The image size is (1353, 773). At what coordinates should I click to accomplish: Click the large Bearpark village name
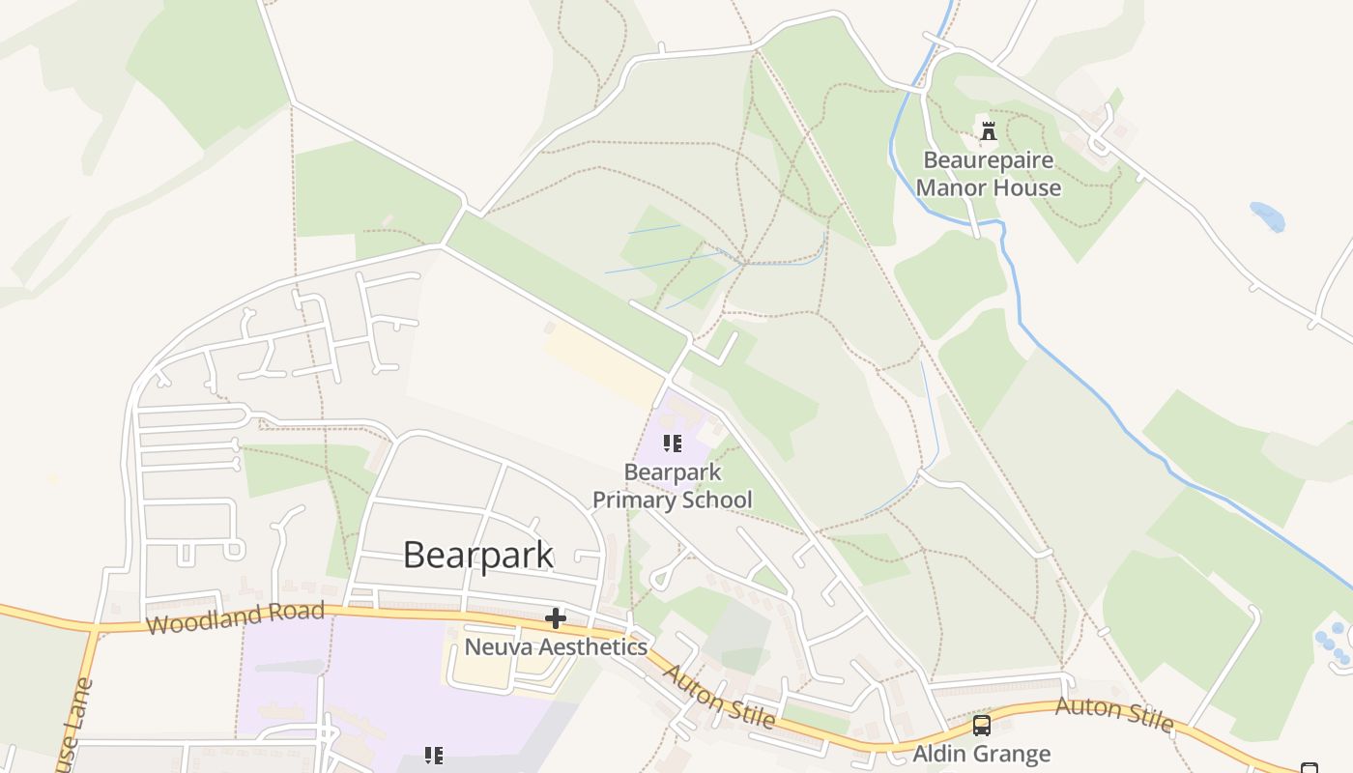coord(477,555)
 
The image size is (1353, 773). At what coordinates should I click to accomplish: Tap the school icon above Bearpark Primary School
coord(673,444)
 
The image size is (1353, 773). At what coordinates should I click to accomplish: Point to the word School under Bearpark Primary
coord(716,500)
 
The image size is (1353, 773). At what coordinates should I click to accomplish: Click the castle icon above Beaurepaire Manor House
coord(988,131)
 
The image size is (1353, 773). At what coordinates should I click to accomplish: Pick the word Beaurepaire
coord(988,159)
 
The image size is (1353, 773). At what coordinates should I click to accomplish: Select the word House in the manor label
coord(1027,187)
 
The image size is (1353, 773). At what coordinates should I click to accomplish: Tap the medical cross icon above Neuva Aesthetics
coord(556,618)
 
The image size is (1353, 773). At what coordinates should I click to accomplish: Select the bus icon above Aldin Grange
coord(982,726)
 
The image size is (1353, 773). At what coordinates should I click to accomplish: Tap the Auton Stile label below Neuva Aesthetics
coord(719,697)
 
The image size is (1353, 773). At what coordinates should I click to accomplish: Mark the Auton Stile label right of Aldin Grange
coord(1114,714)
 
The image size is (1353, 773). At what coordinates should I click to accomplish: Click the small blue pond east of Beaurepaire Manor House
coord(1267,215)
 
